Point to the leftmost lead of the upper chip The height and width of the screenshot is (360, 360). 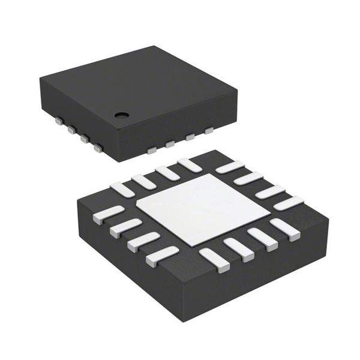[x=59, y=121]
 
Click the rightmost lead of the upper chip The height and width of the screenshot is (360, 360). [x=209, y=130]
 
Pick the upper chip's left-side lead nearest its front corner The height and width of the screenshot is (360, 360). [x=98, y=146]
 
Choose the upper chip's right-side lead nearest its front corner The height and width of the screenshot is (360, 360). [x=152, y=149]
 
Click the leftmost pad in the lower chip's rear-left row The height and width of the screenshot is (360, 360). [x=122, y=190]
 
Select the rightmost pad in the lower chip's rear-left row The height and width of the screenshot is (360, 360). [x=190, y=164]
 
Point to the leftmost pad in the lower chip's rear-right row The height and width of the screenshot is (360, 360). [x=229, y=167]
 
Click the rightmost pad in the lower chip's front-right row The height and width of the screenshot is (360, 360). [x=284, y=229]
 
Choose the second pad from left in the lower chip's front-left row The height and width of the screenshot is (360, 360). [x=126, y=227]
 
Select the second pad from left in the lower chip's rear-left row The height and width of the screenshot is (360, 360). [x=144, y=181]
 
